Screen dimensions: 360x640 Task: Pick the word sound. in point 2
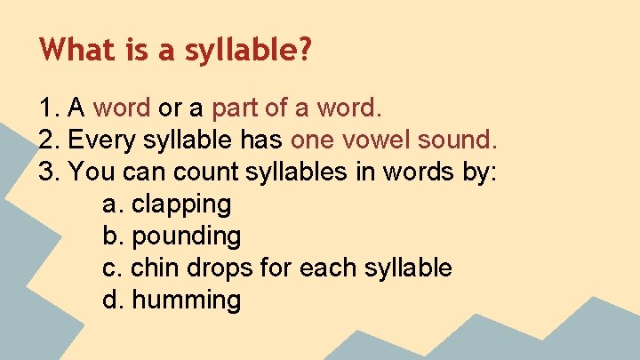[457, 140]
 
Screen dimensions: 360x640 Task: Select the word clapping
[180, 205]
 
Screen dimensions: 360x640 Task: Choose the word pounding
[186, 236]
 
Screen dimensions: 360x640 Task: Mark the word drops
[218, 268]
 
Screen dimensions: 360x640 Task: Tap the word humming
[186, 300]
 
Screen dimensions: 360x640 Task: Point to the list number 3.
[48, 172]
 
